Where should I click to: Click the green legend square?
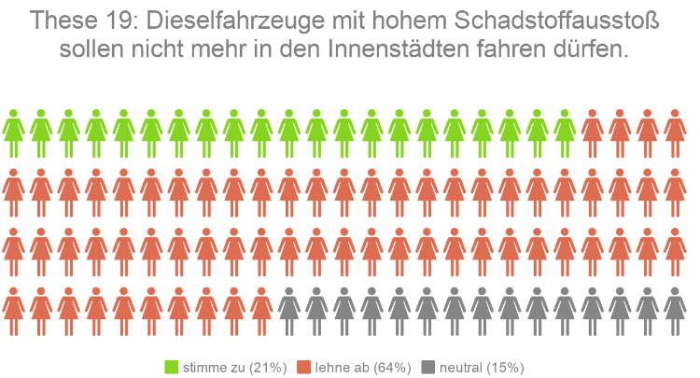pos(172,367)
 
